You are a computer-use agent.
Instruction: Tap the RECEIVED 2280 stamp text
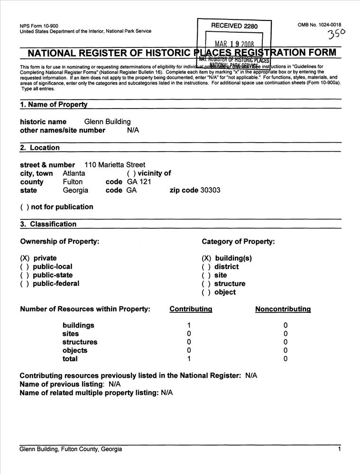[234, 26]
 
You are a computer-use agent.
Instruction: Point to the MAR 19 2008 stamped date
[234, 45]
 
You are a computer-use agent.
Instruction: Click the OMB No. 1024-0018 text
[319, 25]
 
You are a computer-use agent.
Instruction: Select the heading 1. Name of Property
[54, 104]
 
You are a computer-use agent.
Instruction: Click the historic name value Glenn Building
[107, 122]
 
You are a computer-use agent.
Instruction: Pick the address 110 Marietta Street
[115, 165]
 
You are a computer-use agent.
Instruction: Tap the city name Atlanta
[74, 173]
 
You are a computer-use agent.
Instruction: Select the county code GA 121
[139, 182]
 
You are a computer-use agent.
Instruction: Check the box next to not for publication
[24, 207]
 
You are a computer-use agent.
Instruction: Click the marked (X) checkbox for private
[25, 258]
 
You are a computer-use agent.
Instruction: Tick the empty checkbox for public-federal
[24, 284]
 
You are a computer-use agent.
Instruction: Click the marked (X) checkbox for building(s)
[207, 258]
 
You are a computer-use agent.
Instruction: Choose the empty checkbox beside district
[206, 267]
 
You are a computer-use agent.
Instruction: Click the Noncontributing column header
[283, 309]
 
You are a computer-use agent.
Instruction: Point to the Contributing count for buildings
[189, 325]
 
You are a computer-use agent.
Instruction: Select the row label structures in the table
[80, 342]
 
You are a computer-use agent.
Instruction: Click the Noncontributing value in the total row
[286, 359]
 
